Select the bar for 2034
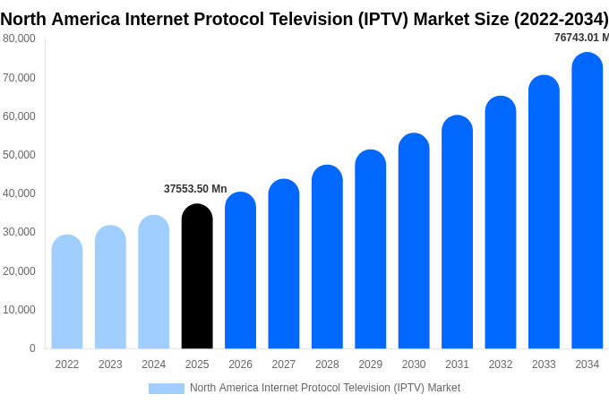pyautogui.click(x=588, y=201)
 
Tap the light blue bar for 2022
pyautogui.click(x=67, y=292)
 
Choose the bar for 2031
pyautogui.click(x=457, y=232)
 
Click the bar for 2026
pyautogui.click(x=240, y=270)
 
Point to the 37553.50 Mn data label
pyautogui.click(x=195, y=189)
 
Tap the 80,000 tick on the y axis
pyautogui.click(x=19, y=39)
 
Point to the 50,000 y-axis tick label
pyautogui.click(x=19, y=155)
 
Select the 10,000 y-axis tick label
pyautogui.click(x=19, y=310)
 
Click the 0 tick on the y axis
pyautogui.click(x=32, y=348)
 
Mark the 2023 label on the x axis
pyautogui.click(x=110, y=364)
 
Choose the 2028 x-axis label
pyautogui.click(x=327, y=364)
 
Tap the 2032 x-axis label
pyautogui.click(x=501, y=364)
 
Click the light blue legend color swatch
pyautogui.click(x=167, y=389)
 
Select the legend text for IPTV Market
pyautogui.click(x=325, y=388)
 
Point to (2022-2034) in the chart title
pyautogui.click(x=561, y=19)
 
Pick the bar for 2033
pyautogui.click(x=544, y=212)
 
